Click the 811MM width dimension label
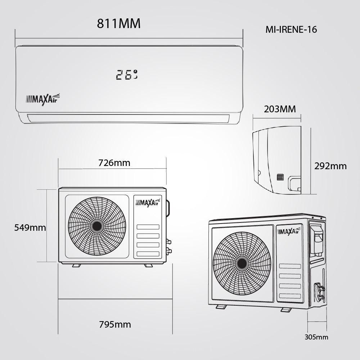coord(118,24)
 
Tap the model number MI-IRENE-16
coord(291,30)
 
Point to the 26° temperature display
coord(127,75)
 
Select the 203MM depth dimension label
coord(280,109)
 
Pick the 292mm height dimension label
coord(330,166)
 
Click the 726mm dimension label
coord(114,163)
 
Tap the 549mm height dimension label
coord(30,228)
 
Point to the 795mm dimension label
coord(115,324)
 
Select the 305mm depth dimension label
coord(316,337)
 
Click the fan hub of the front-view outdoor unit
coord(97,226)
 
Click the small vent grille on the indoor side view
coord(280,177)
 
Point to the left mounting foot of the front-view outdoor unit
coord(76,265)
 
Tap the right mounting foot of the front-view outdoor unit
coord(148,265)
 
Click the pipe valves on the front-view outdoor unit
coord(168,246)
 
